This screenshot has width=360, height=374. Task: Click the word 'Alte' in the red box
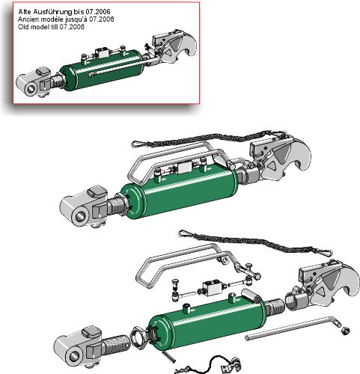pos(24,11)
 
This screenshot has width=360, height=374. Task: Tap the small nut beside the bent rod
pos(346,331)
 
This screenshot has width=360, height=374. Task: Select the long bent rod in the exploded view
pos(293,328)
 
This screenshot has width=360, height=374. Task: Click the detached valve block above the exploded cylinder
pos(212,287)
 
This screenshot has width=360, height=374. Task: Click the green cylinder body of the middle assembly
pos(180,192)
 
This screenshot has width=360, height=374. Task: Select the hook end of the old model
pos(174,48)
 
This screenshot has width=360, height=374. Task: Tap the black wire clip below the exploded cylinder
pos(209,366)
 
